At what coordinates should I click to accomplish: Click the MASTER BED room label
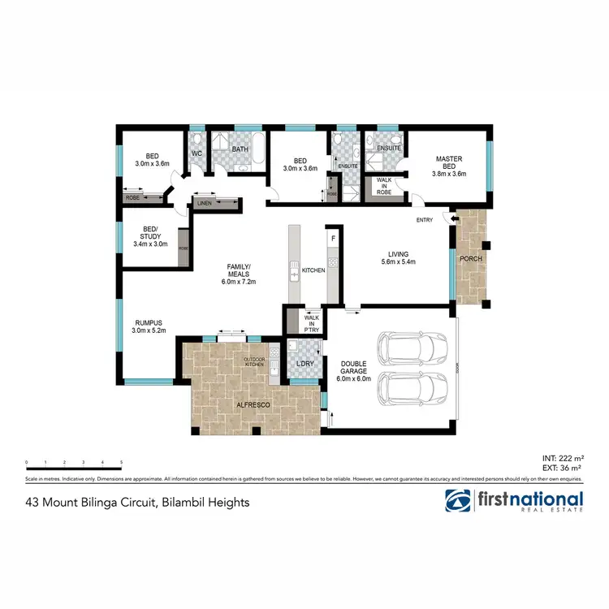[448, 159]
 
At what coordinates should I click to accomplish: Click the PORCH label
[471, 260]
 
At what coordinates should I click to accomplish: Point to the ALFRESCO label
[252, 404]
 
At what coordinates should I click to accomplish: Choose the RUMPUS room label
[148, 321]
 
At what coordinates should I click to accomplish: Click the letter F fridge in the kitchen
[332, 237]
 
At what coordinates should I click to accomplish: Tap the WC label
[197, 153]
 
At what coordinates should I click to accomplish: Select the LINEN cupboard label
[205, 203]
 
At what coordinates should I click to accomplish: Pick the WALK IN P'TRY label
[311, 322]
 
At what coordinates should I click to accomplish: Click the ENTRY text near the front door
[424, 220]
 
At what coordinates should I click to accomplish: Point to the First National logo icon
[459, 501]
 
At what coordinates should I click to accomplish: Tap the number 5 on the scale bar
[121, 463]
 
